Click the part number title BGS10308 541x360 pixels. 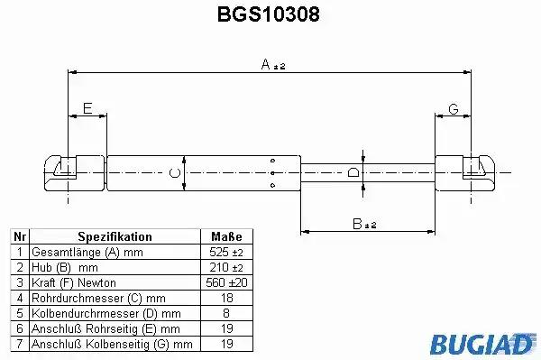[268, 14]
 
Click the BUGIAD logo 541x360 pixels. [482, 344]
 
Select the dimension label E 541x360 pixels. [87, 108]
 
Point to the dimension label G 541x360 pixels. [454, 109]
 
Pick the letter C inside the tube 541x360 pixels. [175, 173]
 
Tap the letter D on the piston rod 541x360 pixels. [353, 172]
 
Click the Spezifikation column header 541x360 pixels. [115, 236]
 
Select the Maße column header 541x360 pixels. [226, 236]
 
